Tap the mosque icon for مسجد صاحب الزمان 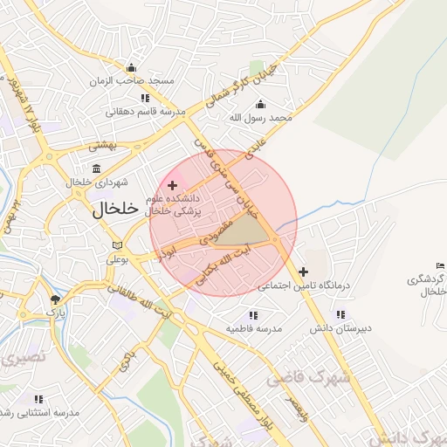point(131,68)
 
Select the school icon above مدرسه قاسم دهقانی point(145,99)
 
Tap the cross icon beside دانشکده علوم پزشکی point(172,185)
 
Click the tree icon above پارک point(56,299)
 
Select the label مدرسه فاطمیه point(253,328)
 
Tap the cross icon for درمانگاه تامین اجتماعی point(303,272)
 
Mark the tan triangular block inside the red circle point(251,230)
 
